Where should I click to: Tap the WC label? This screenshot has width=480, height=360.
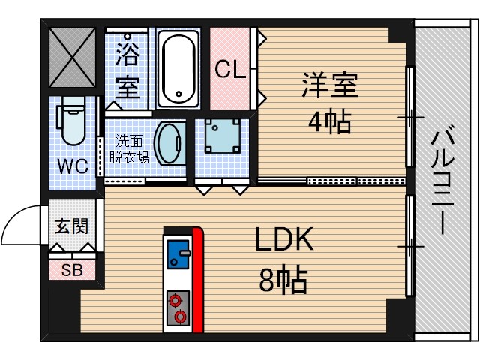[x=73, y=166]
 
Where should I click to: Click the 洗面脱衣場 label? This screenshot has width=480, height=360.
[x=128, y=149]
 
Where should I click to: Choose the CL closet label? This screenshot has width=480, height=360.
[x=229, y=70]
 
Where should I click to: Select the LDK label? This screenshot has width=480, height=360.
[x=283, y=242]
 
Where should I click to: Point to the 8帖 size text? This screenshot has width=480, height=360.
[x=283, y=280]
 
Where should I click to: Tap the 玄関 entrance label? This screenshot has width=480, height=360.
[x=72, y=226]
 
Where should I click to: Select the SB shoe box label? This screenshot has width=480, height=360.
[x=72, y=270]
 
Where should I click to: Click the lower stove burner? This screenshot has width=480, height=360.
[x=179, y=316]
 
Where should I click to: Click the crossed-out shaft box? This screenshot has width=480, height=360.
[x=72, y=58]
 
